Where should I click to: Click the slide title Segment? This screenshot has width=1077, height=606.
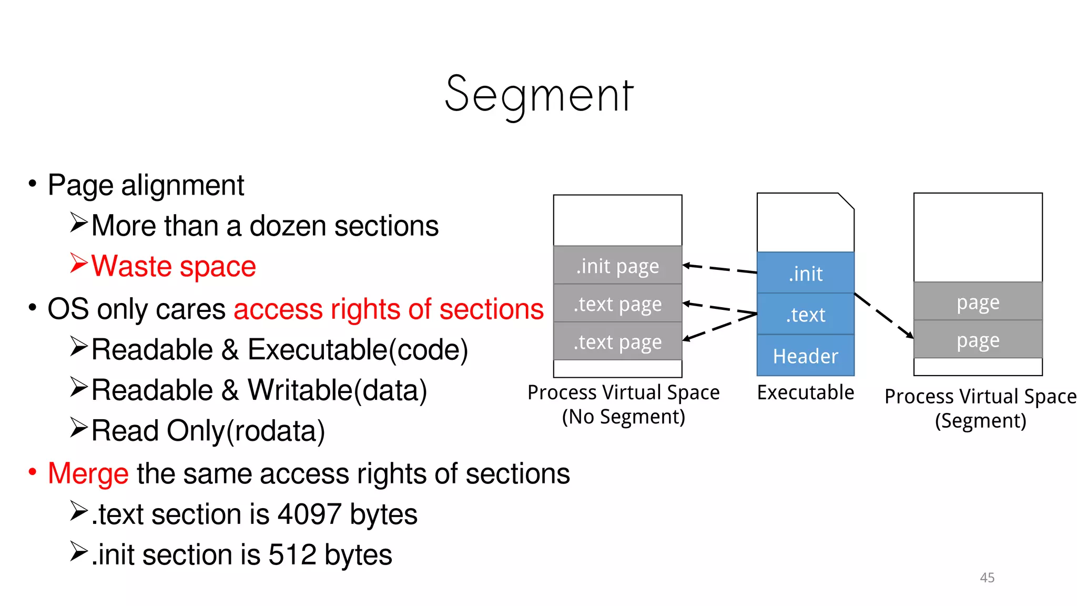539,95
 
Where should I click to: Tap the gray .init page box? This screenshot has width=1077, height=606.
617,266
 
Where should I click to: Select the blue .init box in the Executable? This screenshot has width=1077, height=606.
805,273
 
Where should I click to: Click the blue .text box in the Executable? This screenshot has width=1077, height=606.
805,314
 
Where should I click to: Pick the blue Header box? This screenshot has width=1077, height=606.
805,356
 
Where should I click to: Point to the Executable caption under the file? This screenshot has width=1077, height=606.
805,392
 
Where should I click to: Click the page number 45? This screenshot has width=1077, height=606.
987,578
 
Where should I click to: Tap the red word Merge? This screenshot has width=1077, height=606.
88,473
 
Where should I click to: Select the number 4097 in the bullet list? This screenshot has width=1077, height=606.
309,514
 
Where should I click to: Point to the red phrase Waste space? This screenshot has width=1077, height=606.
174,266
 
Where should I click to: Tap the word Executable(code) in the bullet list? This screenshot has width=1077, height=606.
358,350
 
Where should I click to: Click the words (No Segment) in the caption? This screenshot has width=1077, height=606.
623,417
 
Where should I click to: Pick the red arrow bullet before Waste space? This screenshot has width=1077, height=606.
78,264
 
